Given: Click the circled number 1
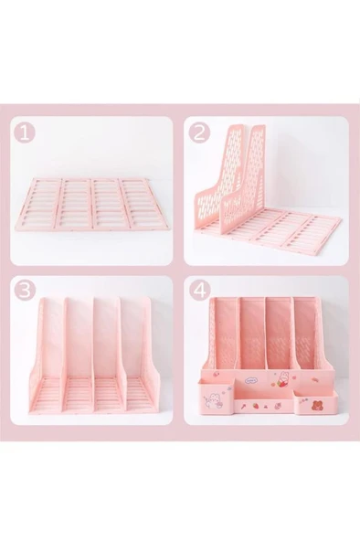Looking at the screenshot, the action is pos(25,133).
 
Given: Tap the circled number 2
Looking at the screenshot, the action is pos(199,133).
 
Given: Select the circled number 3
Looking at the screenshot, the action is pos(25,291).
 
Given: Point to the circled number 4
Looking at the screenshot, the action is pos(199,291).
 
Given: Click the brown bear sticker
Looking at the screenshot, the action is pos(316,405).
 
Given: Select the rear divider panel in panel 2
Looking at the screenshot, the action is pos(218,174).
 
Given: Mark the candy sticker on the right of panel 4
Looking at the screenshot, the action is pos(316,380).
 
